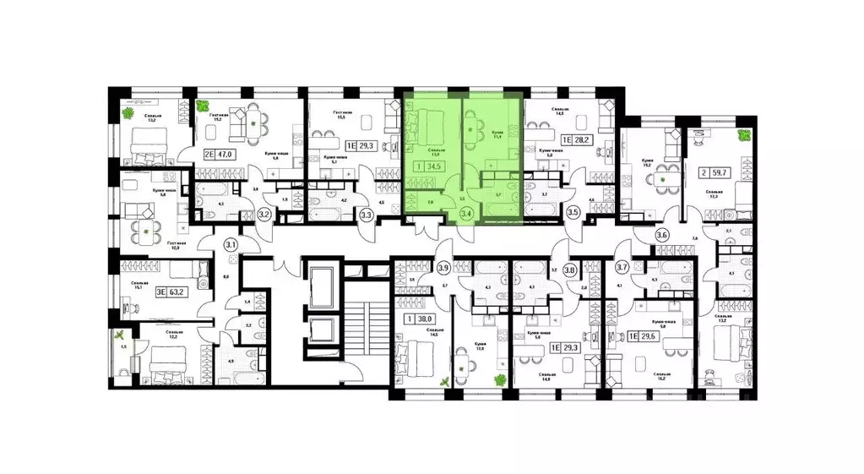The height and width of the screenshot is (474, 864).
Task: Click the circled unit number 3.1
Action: (231, 246)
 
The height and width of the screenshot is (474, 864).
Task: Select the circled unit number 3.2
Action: (264, 215)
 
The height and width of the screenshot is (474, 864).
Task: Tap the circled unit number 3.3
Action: (367, 215)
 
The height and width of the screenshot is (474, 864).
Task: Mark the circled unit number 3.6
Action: (661, 237)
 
